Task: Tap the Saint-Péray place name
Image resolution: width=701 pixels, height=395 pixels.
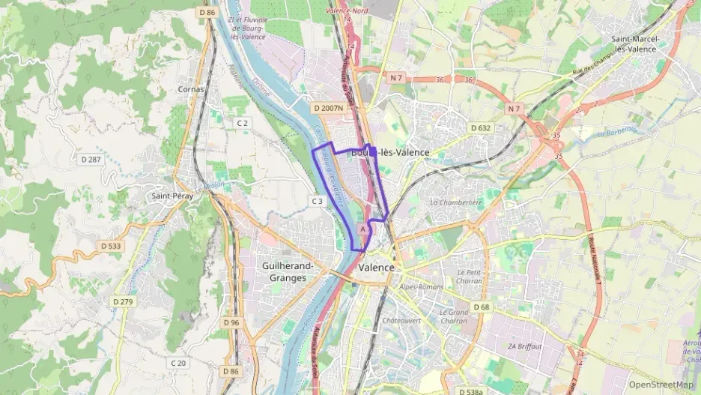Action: [171, 196]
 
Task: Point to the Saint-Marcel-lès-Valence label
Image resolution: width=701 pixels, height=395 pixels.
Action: [634, 43]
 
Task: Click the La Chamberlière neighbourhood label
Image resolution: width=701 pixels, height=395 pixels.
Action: [456, 202]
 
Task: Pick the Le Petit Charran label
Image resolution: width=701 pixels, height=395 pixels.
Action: [469, 277]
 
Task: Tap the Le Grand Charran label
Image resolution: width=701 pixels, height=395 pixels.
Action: [453, 316]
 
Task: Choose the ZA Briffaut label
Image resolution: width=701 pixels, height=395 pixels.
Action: [524, 346]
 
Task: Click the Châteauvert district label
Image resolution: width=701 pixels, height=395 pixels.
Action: [402, 321]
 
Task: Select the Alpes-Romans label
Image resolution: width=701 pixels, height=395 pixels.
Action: [421, 287]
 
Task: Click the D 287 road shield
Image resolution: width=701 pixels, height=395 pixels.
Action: [90, 160]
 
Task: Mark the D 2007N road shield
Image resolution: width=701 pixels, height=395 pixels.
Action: [329, 109]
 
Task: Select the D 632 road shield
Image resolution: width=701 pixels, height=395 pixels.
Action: [481, 128]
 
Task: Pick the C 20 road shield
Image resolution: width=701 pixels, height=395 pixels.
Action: [178, 364]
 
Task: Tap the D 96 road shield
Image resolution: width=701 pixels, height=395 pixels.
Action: [231, 322]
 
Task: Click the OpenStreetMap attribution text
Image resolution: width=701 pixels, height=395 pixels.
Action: [661, 385]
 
